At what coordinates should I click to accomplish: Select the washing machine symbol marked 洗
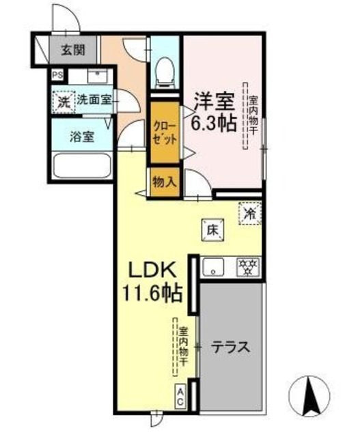point(62,102)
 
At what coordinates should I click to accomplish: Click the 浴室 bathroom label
point(81,135)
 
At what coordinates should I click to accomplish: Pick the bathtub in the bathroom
point(81,165)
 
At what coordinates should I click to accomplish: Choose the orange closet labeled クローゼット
point(165,132)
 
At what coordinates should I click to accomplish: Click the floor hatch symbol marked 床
point(212,231)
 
